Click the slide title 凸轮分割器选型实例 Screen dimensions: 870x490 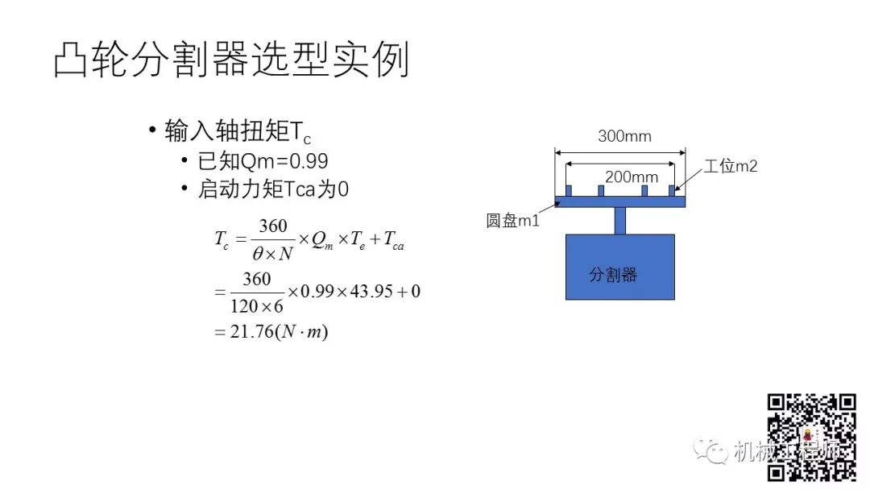(x=231, y=60)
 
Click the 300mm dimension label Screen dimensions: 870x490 (x=624, y=136)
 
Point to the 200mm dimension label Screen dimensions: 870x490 (x=632, y=177)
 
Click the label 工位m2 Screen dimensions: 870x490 (x=731, y=166)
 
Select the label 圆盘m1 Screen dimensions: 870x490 (x=512, y=221)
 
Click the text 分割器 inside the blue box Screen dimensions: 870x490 (x=613, y=275)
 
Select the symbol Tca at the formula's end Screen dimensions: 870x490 (x=394, y=240)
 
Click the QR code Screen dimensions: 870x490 (x=810, y=438)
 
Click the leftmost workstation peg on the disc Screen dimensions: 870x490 (x=569, y=191)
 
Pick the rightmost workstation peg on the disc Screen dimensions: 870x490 (x=672, y=191)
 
